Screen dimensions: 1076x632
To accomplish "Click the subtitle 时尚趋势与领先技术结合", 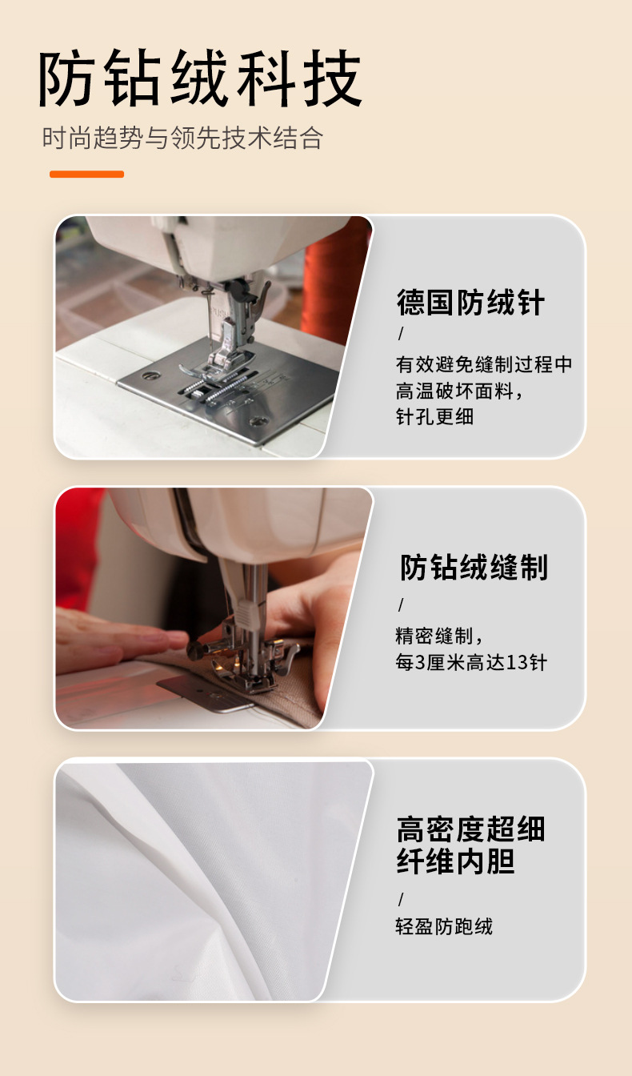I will point(182,138).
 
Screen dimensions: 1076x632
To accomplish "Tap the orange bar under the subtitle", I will point(86,174).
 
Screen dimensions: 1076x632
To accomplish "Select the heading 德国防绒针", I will point(470,303).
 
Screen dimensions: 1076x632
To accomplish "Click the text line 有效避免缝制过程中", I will point(484,364).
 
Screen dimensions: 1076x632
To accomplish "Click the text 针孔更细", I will point(434,417).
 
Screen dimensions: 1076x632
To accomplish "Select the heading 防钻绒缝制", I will point(474,567).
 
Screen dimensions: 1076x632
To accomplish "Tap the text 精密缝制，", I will point(440,636).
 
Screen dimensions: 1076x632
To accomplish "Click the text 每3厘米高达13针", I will point(471,663).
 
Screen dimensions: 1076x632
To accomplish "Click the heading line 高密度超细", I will point(470,829).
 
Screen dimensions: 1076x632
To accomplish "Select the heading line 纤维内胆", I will point(455,862).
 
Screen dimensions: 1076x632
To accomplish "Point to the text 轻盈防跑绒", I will point(444,926).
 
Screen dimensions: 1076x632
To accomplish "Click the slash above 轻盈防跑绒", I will point(401,898).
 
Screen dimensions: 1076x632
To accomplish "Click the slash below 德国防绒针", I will point(401,333).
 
